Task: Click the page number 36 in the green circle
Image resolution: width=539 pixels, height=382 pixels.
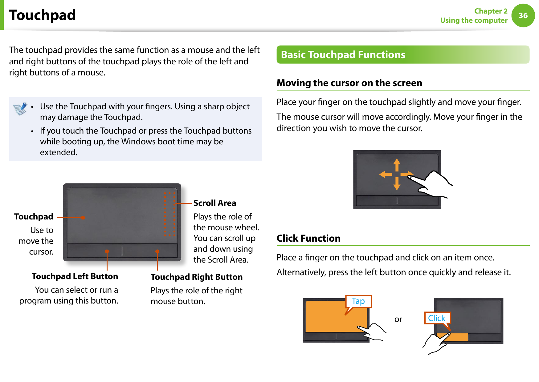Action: coord(523,15)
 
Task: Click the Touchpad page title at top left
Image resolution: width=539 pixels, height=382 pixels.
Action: coord(43,15)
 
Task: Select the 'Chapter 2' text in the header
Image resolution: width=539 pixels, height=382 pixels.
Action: coord(491,11)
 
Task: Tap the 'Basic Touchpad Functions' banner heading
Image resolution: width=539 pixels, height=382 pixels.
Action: coord(343,55)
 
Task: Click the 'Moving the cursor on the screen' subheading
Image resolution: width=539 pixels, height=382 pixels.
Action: coord(349,83)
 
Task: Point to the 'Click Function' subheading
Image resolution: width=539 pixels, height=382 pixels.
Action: coord(308,238)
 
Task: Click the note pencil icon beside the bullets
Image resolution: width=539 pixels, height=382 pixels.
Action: coord(20,109)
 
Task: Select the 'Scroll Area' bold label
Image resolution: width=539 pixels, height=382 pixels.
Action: coord(214,203)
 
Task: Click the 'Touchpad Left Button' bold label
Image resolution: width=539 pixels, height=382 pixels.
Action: coord(75,276)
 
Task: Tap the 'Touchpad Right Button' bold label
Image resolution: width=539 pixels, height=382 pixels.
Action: coord(197,277)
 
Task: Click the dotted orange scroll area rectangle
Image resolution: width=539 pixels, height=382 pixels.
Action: coord(170,214)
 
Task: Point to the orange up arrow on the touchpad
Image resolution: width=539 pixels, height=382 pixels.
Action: coord(397,164)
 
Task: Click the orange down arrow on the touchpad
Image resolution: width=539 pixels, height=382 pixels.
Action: coord(397,184)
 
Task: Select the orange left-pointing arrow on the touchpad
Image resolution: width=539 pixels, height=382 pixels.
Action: coord(385,175)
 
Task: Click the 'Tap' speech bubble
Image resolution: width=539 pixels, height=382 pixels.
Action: coord(358,301)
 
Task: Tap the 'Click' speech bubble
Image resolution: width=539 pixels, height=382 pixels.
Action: coord(437,318)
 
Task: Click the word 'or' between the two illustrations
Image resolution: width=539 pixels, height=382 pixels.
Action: coord(398,319)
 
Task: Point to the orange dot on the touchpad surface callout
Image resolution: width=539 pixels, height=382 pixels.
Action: coord(83,218)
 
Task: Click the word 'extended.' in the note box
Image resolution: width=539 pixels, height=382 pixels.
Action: coord(59,152)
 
